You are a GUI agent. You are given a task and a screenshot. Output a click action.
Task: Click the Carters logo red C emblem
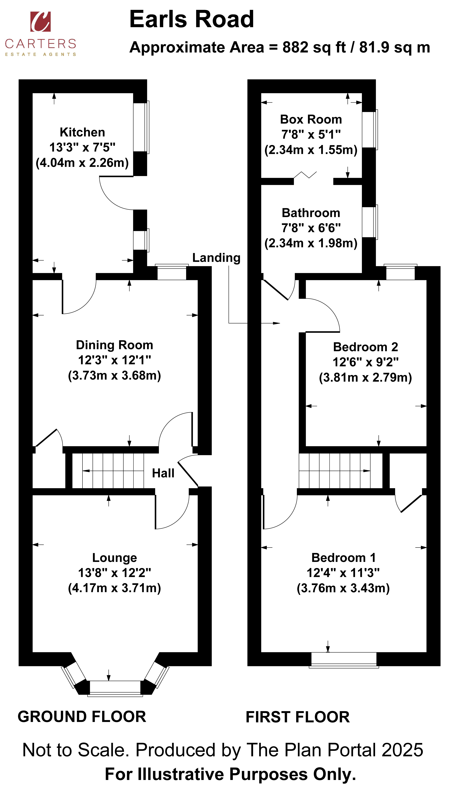(x=40, y=22)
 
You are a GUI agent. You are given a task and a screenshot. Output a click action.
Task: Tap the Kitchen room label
(x=82, y=132)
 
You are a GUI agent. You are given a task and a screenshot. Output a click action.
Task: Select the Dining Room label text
(x=115, y=345)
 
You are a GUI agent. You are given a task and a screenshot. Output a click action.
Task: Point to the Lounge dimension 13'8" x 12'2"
(x=115, y=573)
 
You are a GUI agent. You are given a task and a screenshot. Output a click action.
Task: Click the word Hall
(x=163, y=473)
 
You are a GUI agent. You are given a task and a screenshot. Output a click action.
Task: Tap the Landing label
(x=216, y=258)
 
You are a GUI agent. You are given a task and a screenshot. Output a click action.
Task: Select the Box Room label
(x=311, y=120)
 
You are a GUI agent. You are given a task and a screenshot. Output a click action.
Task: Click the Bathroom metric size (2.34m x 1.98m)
(x=311, y=243)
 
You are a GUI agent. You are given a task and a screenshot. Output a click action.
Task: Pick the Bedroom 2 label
(x=366, y=347)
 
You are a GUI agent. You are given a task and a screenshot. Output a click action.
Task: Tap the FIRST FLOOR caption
(x=298, y=717)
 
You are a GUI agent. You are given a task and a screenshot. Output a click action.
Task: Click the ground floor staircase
(x=108, y=471)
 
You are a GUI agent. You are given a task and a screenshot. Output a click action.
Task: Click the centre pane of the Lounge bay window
(x=115, y=688)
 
